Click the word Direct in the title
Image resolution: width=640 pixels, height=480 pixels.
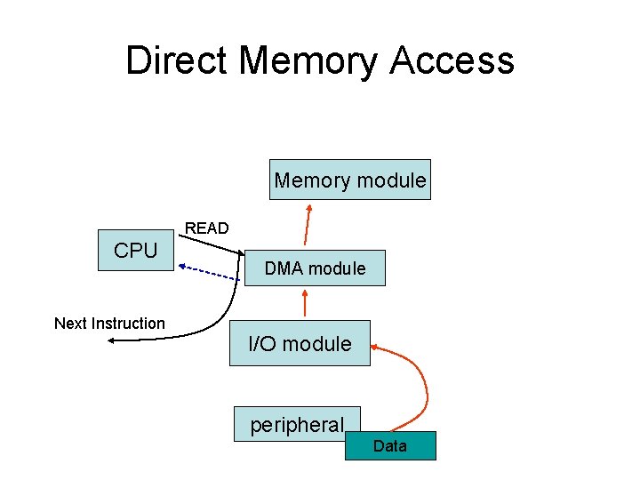tap(177, 60)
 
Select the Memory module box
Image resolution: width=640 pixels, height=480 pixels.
tap(350, 180)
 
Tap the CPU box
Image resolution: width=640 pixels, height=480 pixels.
tap(136, 251)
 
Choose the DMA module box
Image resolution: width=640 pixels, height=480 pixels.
tap(315, 268)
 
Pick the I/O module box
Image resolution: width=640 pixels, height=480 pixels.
tap(300, 343)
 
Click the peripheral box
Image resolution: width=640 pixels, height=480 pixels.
tap(297, 425)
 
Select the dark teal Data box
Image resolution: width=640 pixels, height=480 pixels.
tap(390, 445)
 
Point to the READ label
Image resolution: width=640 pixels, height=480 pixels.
tap(206, 228)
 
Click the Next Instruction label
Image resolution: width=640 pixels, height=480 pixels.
tap(109, 324)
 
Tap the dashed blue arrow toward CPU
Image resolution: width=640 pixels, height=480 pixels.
tap(210, 272)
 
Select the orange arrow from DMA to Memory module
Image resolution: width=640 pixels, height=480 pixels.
tap(307, 224)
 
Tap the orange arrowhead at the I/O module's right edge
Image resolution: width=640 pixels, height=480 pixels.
tap(375, 347)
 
